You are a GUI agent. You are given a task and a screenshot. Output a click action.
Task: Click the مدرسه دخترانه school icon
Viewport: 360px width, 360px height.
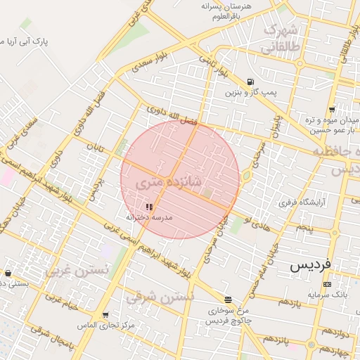pyautogui.click(x=148, y=207)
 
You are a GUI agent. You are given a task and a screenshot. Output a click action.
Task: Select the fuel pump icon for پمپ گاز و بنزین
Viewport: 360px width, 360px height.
pyautogui.click(x=251, y=82)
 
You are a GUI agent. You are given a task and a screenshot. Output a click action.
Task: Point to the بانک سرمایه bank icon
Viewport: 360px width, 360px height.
pyautogui.click(x=327, y=284)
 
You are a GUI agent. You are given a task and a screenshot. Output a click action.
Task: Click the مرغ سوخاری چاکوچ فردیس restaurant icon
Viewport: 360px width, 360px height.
pyautogui.click(x=226, y=299)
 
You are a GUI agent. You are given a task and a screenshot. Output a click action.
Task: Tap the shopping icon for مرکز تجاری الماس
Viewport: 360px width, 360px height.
pyautogui.click(x=105, y=315)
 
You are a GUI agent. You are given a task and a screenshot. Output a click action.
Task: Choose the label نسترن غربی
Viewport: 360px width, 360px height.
pyautogui.click(x=77, y=269)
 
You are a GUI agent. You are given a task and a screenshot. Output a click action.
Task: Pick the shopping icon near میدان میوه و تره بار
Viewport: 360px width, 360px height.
pyautogui.click(x=331, y=110)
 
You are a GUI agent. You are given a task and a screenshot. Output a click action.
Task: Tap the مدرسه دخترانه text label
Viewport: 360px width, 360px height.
pyautogui.click(x=148, y=219)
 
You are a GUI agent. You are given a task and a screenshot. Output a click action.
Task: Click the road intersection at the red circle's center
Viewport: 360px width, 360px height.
pyautogui.click(x=180, y=179)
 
